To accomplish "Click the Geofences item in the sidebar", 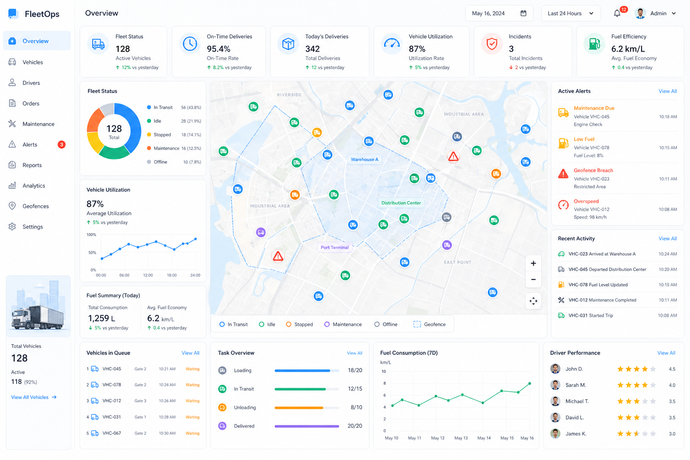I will click(x=35, y=206).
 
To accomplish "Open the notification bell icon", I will click(x=617, y=13).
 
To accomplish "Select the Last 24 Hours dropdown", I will click(x=570, y=13).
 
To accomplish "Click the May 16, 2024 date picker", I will click(x=499, y=13).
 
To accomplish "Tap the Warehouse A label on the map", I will click(x=364, y=159).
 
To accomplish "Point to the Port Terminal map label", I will click(x=335, y=248).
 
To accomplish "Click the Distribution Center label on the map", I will click(x=401, y=203).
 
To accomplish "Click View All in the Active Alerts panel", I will click(x=668, y=91).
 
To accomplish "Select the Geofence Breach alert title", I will click(x=593, y=170).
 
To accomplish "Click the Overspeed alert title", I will click(x=586, y=201).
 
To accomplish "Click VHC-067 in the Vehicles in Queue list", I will click(x=111, y=433).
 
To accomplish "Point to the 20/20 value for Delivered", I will click(x=354, y=426).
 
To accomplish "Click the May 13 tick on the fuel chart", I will click(x=461, y=438).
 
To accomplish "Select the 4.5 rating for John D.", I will click(x=672, y=369).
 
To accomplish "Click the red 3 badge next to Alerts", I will click(x=62, y=145).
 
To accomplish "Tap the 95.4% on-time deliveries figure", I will click(x=218, y=49).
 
